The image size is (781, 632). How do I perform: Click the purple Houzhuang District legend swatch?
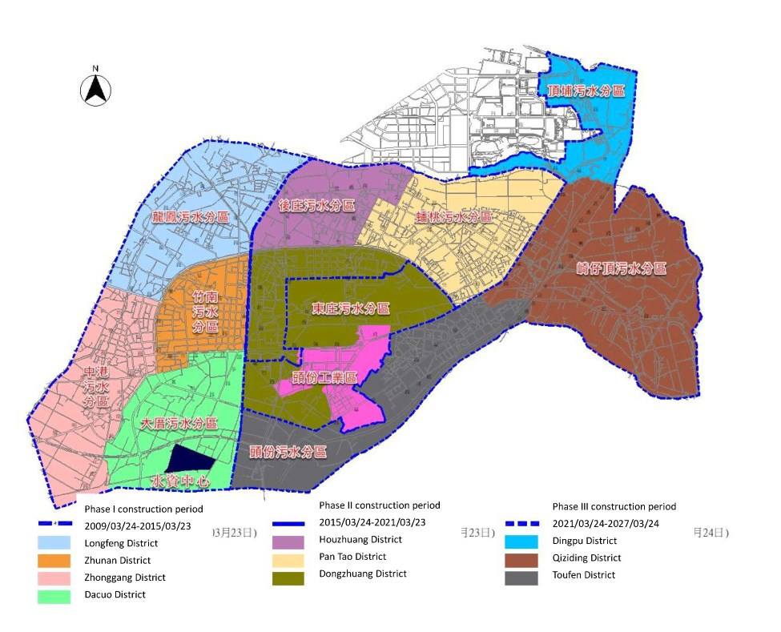(x=288, y=541)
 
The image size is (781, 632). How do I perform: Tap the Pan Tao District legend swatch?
(x=288, y=558)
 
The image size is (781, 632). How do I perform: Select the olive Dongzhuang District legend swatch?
(x=288, y=575)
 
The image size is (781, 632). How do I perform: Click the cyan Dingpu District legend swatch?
(x=521, y=541)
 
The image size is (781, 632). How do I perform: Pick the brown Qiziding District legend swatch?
(x=521, y=558)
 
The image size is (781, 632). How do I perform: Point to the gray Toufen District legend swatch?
(x=521, y=576)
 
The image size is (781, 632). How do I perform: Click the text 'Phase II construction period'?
(x=379, y=505)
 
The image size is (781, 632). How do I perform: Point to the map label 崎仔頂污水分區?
(x=622, y=269)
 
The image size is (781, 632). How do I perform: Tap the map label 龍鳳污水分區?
(x=190, y=217)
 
